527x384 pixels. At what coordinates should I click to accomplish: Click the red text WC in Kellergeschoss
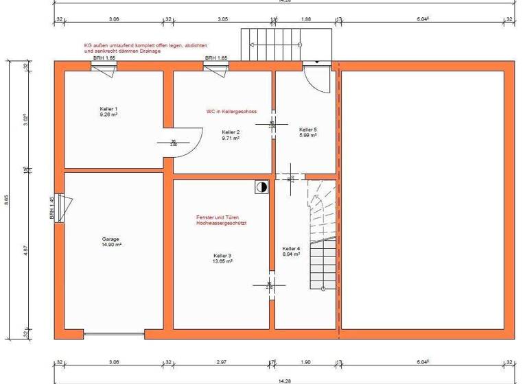(x=231, y=111)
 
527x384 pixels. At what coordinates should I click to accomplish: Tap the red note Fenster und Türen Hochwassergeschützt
(x=221, y=221)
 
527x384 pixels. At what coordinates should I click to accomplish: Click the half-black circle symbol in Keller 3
(x=261, y=186)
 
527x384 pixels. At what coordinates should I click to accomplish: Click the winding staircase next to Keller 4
(x=321, y=233)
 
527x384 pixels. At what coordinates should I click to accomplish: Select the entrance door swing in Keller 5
(x=317, y=80)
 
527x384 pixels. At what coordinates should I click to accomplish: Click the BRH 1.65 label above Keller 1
(x=104, y=58)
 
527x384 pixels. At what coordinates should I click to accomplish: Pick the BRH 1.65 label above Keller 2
(x=216, y=58)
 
